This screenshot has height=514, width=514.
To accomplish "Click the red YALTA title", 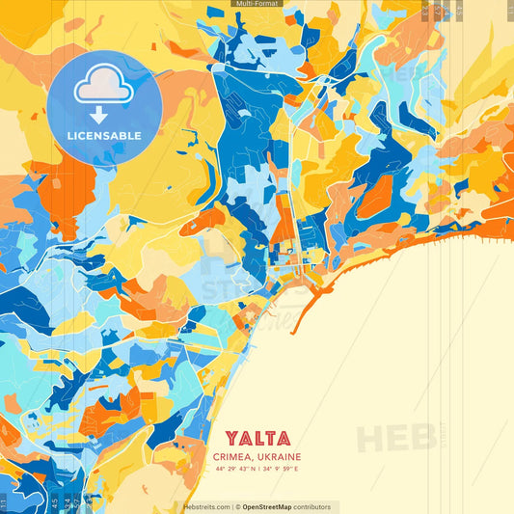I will (257, 439).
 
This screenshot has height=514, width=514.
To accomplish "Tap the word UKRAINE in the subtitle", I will (279, 457).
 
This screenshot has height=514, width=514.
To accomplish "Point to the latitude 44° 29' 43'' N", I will (234, 469).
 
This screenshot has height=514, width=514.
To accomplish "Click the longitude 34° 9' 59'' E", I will (281, 469).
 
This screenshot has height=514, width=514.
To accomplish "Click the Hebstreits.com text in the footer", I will (206, 506).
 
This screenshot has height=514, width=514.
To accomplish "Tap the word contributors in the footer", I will (311, 506).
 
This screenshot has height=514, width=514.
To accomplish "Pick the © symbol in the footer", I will (237, 506).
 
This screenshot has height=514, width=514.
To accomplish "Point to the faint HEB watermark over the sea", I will (395, 437).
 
